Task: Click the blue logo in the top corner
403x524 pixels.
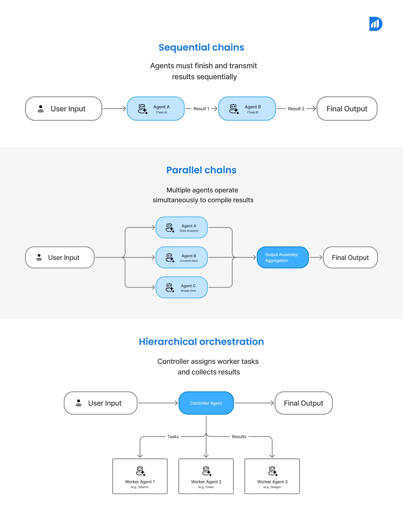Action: [375, 24]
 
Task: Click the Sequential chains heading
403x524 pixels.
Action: [201, 47]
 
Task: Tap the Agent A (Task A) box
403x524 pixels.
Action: [156, 109]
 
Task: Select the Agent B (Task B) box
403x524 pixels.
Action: [247, 109]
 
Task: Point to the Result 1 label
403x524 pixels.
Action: [201, 109]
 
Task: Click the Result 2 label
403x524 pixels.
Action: [296, 109]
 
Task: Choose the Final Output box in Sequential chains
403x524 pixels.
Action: [347, 109]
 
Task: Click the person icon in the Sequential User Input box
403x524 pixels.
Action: [41, 109]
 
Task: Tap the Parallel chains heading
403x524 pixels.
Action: [201, 170]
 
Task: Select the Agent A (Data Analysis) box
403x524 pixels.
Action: [182, 227]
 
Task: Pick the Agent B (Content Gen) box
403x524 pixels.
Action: [182, 257]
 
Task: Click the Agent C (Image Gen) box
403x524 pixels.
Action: [182, 287]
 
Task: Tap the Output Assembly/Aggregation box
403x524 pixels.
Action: [282, 257]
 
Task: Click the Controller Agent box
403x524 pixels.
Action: [206, 403]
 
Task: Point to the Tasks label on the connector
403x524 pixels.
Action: [173, 437]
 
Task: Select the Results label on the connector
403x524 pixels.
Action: [239, 437]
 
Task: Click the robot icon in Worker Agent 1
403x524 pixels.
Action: [141, 471]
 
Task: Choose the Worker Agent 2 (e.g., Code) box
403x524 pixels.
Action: [206, 476]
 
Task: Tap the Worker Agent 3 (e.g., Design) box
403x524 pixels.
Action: [272, 476]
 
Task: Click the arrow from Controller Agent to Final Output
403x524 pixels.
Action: [254, 403]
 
